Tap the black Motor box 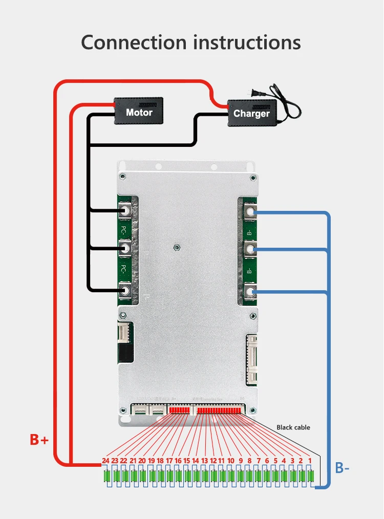[x=139, y=112]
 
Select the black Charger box [x=251, y=113]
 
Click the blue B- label [x=343, y=467]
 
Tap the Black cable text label [x=293, y=427]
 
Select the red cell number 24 [x=105, y=461]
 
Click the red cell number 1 [x=309, y=461]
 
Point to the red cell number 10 [x=231, y=461]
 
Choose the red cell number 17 [x=169, y=461]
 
